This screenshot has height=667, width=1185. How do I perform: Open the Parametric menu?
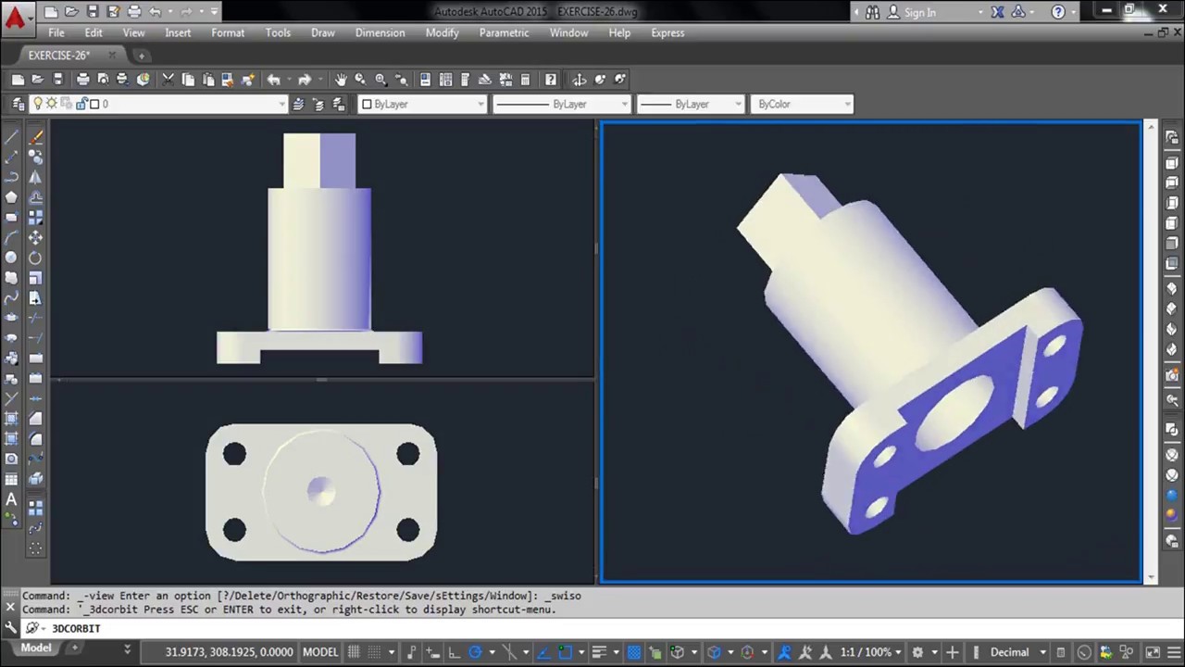tap(504, 32)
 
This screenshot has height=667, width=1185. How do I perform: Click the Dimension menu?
tap(380, 32)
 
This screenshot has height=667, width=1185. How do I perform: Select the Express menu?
tap(667, 32)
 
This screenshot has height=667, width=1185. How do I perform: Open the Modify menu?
tap(442, 32)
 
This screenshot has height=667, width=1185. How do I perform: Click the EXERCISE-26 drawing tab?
tap(58, 56)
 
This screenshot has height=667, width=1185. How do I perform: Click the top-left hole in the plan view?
tap(234, 454)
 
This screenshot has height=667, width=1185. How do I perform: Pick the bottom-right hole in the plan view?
tap(407, 529)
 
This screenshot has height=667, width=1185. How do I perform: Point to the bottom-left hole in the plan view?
tap(234, 529)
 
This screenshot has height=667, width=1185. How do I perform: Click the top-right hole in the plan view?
tap(407, 454)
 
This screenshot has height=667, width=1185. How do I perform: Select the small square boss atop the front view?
tap(319, 160)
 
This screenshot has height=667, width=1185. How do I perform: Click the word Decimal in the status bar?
tap(1010, 652)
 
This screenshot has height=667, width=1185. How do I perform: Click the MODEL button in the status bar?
tap(320, 652)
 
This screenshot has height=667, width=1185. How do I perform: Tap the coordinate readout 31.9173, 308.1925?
tap(229, 652)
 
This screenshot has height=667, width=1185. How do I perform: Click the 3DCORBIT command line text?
tap(76, 628)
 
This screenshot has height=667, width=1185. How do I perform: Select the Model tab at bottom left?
tap(36, 648)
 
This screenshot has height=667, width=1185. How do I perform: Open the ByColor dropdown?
tap(802, 104)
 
